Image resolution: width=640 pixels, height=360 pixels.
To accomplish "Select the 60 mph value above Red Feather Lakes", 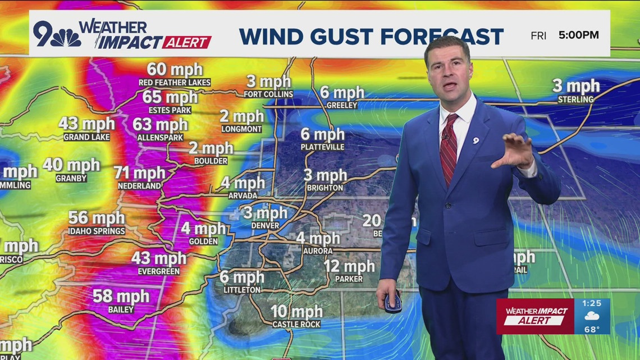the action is [175, 70].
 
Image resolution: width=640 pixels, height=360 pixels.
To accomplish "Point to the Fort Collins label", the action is [268, 94].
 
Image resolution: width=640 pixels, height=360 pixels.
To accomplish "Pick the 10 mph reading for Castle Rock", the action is [296, 311].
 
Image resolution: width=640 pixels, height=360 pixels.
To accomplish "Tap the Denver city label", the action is [265, 225].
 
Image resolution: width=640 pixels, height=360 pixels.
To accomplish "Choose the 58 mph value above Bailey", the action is [121, 296].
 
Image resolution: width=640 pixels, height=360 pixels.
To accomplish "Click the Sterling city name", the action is [575, 99].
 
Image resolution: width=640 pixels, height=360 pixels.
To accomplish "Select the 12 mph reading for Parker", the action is [349, 266].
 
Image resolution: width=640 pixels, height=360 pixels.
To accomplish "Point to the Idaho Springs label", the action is [97, 231].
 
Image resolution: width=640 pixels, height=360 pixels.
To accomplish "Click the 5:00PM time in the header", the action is [579, 35].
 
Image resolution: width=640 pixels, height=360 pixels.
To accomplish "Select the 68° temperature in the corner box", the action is [592, 329].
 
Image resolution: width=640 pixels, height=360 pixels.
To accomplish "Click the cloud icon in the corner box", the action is [592, 317].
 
